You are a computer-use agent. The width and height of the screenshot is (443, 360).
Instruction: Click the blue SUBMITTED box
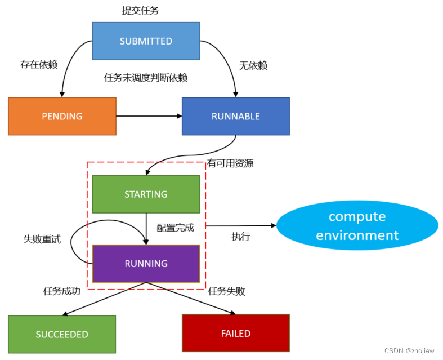point(146,41)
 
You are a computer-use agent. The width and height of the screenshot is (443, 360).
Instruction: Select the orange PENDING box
point(62,117)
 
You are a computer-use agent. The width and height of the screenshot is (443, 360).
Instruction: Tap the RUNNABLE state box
point(235,117)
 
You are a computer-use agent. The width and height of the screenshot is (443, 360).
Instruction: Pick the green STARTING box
point(146,194)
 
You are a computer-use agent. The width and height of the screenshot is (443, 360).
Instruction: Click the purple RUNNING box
point(146,264)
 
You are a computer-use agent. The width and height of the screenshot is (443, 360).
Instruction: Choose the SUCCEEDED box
point(62,334)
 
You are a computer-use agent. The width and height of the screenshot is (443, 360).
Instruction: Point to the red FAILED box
point(235,333)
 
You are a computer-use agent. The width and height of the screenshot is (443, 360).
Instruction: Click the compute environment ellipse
point(357,226)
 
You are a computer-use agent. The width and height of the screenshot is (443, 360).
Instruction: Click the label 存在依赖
point(39,65)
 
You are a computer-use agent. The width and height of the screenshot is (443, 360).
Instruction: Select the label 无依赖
point(253,66)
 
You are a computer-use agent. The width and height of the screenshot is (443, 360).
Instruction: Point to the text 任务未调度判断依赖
point(146,78)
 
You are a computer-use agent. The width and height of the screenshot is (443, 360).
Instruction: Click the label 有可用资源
point(230,164)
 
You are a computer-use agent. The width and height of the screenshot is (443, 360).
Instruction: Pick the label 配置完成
point(175,228)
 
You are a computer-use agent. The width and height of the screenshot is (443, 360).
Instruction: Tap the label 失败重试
point(42,239)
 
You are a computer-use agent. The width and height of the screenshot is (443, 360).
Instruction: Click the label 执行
point(241,237)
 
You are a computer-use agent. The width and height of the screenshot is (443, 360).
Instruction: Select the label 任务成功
point(62,291)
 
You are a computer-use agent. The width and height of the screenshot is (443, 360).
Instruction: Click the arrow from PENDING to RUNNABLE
point(149,117)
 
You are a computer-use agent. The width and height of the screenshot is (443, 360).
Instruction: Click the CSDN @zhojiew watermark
point(409,350)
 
